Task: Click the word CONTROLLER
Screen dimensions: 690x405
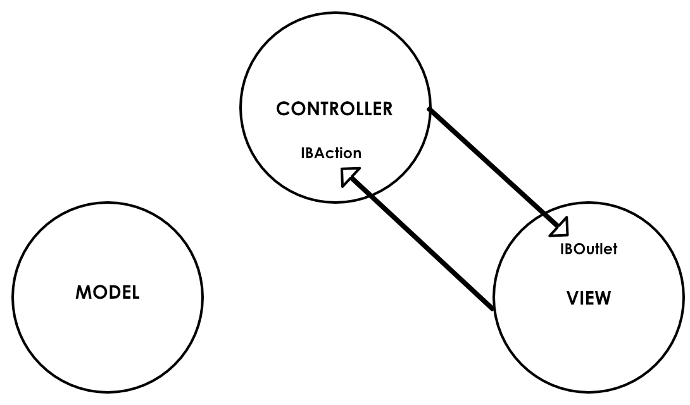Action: pos(334,109)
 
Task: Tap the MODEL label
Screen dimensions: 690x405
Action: pos(108,292)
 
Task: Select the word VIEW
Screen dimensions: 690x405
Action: pos(588,298)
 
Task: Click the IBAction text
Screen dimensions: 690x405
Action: pos(331,153)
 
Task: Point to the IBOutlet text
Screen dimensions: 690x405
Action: pos(588,249)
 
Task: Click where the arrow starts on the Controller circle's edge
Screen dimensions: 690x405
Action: pos(430,110)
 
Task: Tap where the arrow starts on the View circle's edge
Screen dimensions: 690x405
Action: pos(493,308)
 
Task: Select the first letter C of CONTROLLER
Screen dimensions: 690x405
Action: pos(283,109)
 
